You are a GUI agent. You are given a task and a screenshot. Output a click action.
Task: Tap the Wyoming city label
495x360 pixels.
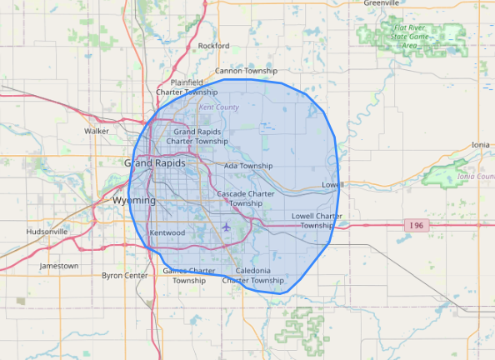coord(133,201)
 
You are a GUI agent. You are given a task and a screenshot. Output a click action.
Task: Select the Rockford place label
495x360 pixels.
coord(213,46)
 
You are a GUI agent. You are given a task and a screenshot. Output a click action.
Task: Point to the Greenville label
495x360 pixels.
coord(382,3)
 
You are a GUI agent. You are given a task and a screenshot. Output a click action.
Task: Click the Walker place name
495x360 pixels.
coord(97,131)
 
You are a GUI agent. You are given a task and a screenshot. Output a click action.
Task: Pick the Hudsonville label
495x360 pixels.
coord(47,231)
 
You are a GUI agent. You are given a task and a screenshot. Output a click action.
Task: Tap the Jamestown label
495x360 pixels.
coord(59,266)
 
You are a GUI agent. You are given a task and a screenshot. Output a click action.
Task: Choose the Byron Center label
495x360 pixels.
coord(125,275)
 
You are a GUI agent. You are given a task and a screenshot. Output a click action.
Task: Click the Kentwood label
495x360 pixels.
coord(167,232)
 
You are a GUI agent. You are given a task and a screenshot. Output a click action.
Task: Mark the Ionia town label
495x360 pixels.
coord(481,144)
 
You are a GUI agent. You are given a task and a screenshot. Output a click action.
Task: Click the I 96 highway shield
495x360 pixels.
coord(417,226)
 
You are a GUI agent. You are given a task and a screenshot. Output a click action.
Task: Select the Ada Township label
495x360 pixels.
coord(248,166)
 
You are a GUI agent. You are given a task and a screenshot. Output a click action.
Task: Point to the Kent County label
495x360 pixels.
coord(218,107)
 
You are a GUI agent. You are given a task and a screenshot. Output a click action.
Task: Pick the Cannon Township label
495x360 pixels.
coord(246,72)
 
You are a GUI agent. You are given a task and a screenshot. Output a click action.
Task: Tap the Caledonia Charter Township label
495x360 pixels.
coord(253,276)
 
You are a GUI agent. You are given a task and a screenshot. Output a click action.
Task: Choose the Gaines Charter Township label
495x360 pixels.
coord(188,276)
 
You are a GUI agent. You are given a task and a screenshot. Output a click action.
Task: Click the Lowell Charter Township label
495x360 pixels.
coord(317,221)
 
